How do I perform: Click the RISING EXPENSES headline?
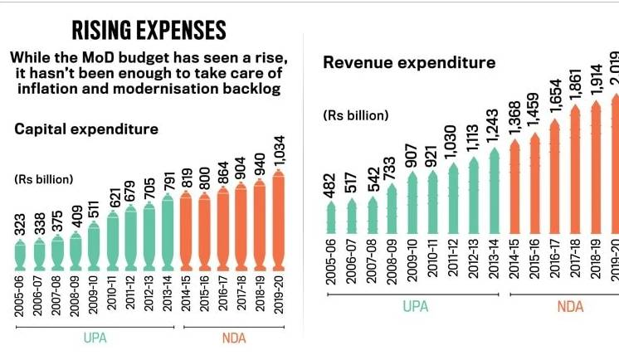coord(149,31)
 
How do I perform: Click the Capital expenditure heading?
coord(86,129)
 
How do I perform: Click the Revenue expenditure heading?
coord(409,62)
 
